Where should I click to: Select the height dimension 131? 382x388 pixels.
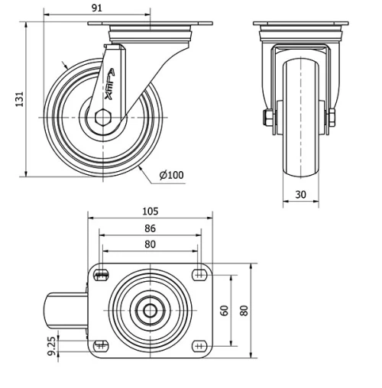point(21,99)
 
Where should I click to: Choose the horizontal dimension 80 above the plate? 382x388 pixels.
point(150,244)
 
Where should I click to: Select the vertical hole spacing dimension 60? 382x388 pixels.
point(224,309)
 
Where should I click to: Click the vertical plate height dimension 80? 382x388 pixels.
point(244,309)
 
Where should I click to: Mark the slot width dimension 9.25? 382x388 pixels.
point(52,346)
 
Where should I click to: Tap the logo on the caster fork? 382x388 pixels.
point(110,85)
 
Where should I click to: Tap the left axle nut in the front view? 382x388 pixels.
point(267,118)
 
